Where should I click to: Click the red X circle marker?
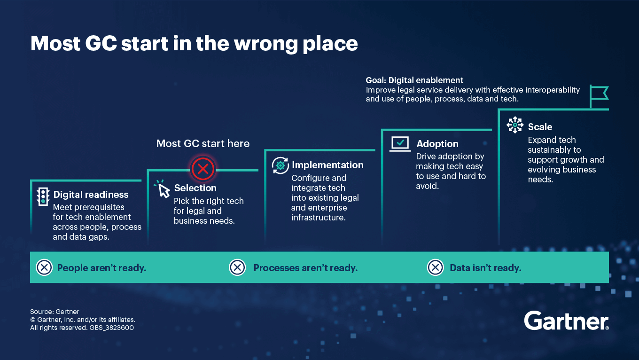click(x=203, y=169)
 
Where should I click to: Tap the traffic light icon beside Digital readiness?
click(x=43, y=196)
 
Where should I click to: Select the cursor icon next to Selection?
click(x=162, y=189)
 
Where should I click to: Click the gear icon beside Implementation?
click(x=281, y=165)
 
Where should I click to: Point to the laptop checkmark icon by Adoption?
click(x=400, y=143)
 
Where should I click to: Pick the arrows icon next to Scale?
click(x=515, y=125)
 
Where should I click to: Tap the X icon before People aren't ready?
click(x=44, y=268)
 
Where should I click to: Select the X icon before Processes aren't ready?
click(x=237, y=268)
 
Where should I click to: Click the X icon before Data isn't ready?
click(x=435, y=268)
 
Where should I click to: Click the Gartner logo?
click(x=567, y=321)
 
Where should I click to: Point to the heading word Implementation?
click(x=327, y=165)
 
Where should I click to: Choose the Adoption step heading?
click(x=437, y=144)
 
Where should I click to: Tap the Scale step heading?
click(x=540, y=127)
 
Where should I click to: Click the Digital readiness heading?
click(x=91, y=195)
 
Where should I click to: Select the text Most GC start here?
click(x=203, y=143)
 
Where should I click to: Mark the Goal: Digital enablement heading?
click(x=414, y=80)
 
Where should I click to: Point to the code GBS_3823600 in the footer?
click(x=112, y=328)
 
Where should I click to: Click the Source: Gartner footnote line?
click(x=55, y=312)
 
